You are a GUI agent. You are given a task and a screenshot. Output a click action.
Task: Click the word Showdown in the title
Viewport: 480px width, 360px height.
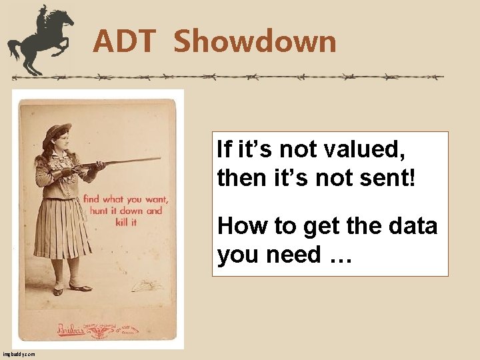coord(255,41)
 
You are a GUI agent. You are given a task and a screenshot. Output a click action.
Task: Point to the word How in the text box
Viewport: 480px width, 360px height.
coord(241,227)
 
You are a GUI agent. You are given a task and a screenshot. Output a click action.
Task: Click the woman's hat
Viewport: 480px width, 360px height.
coord(56,133)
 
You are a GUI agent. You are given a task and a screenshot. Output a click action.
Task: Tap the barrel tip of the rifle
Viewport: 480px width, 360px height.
coord(158,159)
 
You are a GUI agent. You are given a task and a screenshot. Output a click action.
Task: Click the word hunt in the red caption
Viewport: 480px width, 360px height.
coord(93,211)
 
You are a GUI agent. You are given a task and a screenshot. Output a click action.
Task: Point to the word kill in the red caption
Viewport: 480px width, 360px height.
coord(120,222)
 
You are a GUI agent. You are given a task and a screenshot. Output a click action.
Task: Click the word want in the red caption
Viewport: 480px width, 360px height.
coord(155,199)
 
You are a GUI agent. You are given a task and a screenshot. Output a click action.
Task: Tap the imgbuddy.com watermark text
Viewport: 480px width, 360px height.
coord(19,355)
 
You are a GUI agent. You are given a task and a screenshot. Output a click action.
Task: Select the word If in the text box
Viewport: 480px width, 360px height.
coord(224,150)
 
